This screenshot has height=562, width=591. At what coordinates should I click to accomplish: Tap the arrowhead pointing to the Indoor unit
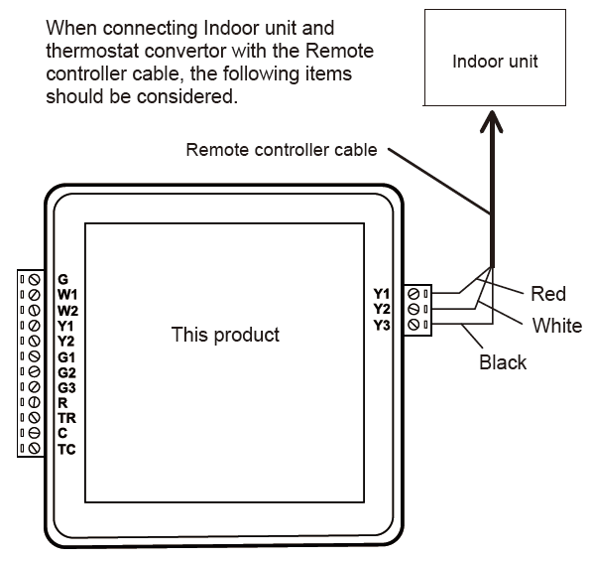pyautogui.click(x=492, y=121)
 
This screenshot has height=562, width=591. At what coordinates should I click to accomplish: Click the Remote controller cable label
pyautogui.click(x=282, y=150)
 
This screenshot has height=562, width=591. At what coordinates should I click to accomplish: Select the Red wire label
pyautogui.click(x=548, y=294)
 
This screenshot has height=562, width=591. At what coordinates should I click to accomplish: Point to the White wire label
pyautogui.click(x=557, y=326)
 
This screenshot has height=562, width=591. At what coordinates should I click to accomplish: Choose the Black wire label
pyautogui.click(x=503, y=362)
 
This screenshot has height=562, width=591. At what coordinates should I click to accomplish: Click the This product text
pyautogui.click(x=225, y=335)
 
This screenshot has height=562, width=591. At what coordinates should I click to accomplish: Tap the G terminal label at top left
pyautogui.click(x=62, y=279)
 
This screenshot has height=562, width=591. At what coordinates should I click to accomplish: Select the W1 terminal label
pyautogui.click(x=67, y=294)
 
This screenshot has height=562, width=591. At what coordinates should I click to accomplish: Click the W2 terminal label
pyautogui.click(x=67, y=311)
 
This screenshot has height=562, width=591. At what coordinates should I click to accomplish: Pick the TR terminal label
pyautogui.click(x=67, y=418)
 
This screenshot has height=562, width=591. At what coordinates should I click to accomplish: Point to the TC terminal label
pyautogui.click(x=66, y=450)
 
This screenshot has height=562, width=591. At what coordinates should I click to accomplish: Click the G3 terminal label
pyautogui.click(x=66, y=387)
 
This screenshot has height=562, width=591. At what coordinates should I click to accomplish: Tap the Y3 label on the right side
pyautogui.click(x=382, y=325)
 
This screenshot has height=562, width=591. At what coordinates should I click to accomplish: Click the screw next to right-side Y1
pyautogui.click(x=414, y=293)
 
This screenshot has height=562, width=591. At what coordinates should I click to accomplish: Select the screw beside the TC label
pyautogui.click(x=35, y=448)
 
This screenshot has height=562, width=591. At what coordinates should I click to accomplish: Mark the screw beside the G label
pyautogui.click(x=35, y=280)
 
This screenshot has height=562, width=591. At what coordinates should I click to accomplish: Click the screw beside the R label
pyautogui.click(x=35, y=402)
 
